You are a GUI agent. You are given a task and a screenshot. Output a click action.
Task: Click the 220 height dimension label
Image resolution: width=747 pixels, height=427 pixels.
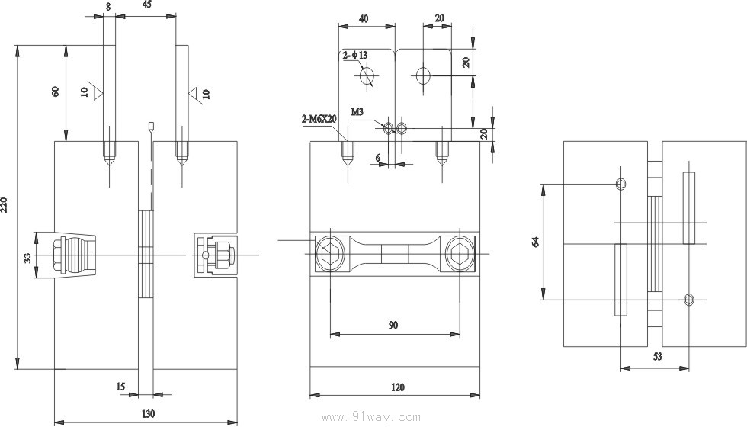click(x=8, y=204)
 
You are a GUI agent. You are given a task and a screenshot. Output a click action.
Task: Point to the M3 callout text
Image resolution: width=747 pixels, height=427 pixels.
click(x=357, y=111)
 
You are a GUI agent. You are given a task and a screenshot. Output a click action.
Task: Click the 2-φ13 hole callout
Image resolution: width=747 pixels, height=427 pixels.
click(x=355, y=56)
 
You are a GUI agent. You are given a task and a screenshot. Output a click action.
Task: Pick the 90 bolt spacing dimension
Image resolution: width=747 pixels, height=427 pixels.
click(x=393, y=325)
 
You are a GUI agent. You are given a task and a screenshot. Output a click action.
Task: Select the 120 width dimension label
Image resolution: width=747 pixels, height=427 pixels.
click(x=396, y=387)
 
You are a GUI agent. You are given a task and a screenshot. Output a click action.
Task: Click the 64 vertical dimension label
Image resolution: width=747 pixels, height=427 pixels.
click(x=536, y=242)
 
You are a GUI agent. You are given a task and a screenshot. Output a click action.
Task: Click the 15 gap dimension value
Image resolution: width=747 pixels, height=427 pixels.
click(x=120, y=387)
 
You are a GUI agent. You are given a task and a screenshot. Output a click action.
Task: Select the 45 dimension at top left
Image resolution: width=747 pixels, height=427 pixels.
click(x=146, y=5)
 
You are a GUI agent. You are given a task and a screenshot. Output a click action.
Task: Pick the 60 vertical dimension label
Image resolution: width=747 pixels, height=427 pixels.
click(x=55, y=91)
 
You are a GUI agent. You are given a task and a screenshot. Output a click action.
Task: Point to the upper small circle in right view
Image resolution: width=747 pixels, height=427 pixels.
click(x=621, y=184)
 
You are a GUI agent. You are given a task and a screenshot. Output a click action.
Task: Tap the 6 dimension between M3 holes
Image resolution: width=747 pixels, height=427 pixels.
click(x=377, y=158)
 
